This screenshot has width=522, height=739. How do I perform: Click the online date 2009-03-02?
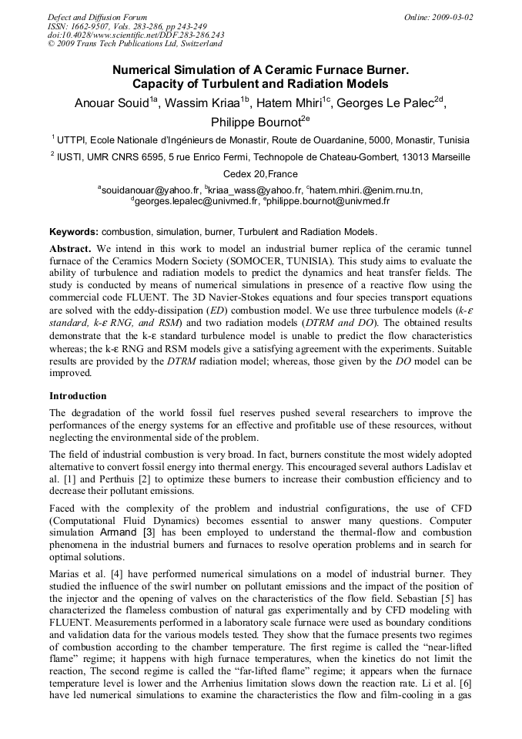click(452, 17)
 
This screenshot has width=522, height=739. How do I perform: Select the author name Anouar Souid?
click(111, 103)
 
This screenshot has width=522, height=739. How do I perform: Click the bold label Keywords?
click(74, 232)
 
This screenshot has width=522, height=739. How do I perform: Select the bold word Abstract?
click(71, 249)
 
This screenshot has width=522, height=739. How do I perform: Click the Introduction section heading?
click(79, 396)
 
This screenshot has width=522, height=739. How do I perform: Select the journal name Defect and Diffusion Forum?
click(97, 17)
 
